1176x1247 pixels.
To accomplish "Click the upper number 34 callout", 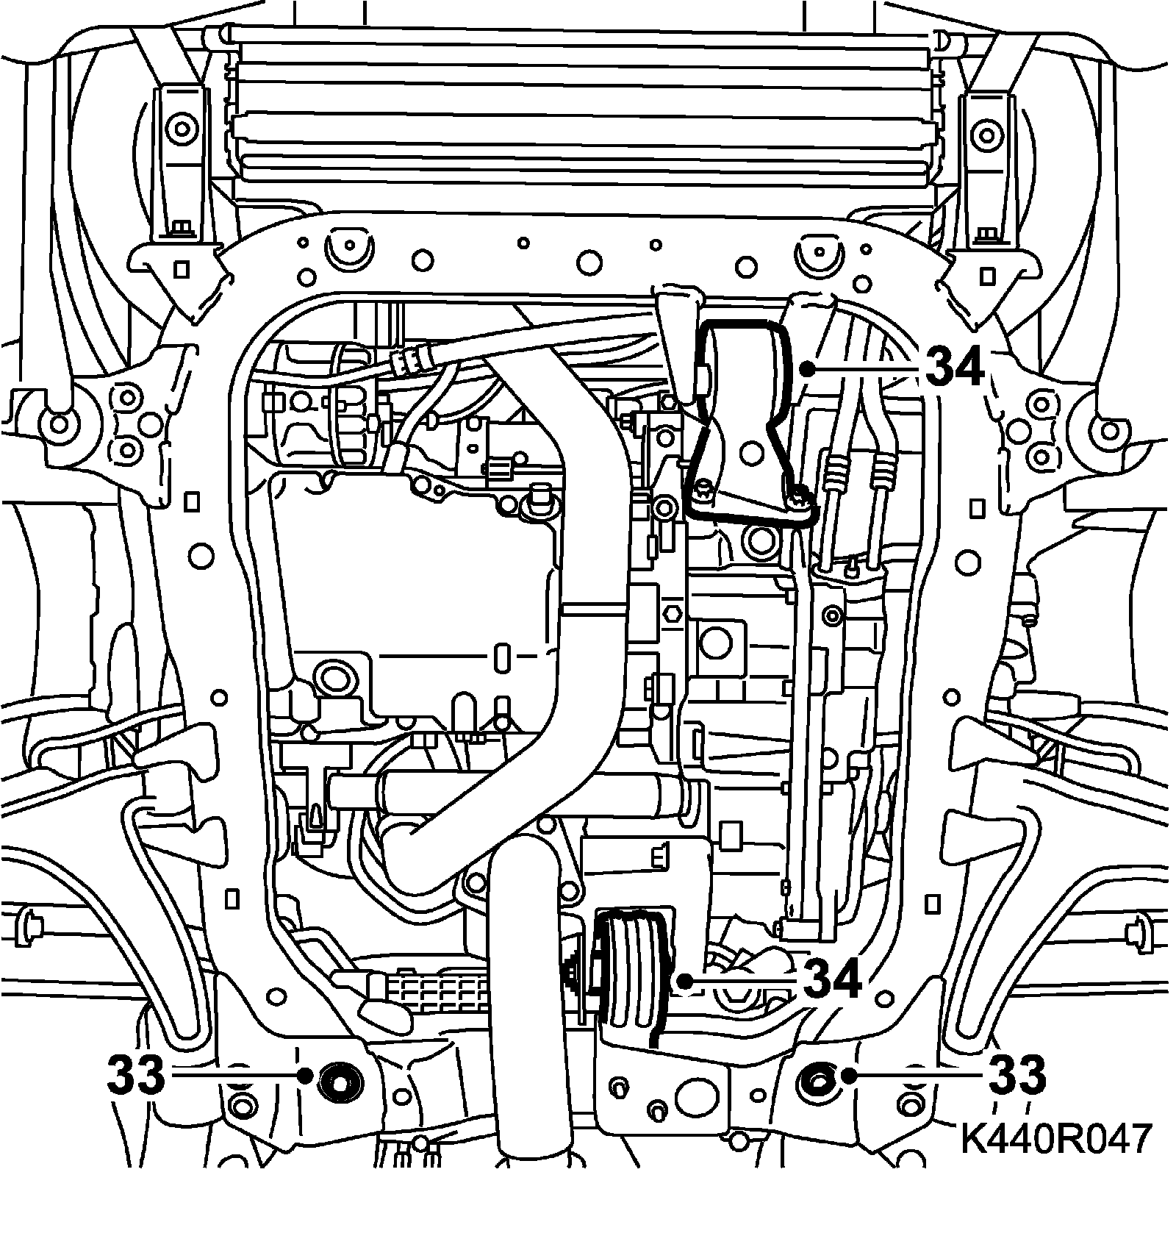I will click(x=954, y=367).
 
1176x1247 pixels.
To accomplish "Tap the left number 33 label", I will click(x=137, y=1074).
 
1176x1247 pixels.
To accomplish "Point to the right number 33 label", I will click(x=1017, y=1074).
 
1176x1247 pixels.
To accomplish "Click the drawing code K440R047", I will click(x=1055, y=1139).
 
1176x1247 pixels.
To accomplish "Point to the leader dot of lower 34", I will click(x=684, y=980).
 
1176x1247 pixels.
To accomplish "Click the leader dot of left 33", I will click(x=305, y=1075).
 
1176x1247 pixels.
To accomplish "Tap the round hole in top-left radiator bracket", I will click(x=180, y=130).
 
